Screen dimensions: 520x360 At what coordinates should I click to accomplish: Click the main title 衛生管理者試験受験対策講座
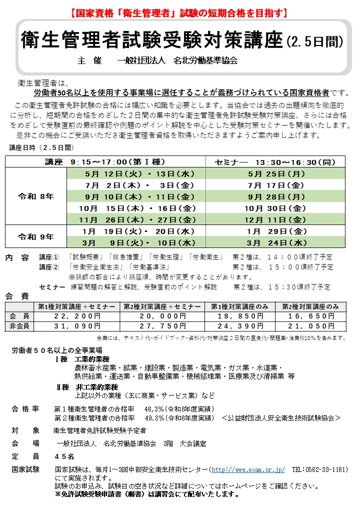tap(152, 40)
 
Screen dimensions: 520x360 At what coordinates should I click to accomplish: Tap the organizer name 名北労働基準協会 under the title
tap(205, 61)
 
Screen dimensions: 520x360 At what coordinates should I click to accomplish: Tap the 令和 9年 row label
tap(36, 236)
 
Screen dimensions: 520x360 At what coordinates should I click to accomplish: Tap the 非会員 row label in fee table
tap(19, 326)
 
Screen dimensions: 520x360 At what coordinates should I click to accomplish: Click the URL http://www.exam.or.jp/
tap(248, 470)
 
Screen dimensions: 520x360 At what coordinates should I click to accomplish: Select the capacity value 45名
tap(64, 456)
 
